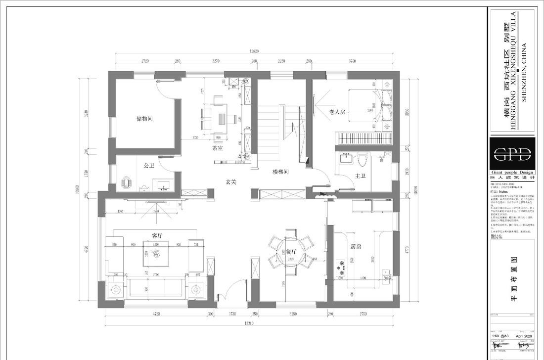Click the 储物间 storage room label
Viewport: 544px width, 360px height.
144,119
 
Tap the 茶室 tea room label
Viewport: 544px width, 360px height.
218,148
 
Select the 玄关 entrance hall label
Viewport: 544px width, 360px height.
231,182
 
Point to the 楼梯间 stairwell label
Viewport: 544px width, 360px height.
280,172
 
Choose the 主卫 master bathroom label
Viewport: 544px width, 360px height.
360,176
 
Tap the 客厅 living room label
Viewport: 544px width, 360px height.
157,235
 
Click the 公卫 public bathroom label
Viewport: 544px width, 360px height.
149,166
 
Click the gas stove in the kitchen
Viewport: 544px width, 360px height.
341,268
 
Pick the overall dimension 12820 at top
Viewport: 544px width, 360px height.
254,51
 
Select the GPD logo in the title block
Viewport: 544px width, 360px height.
512,153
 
